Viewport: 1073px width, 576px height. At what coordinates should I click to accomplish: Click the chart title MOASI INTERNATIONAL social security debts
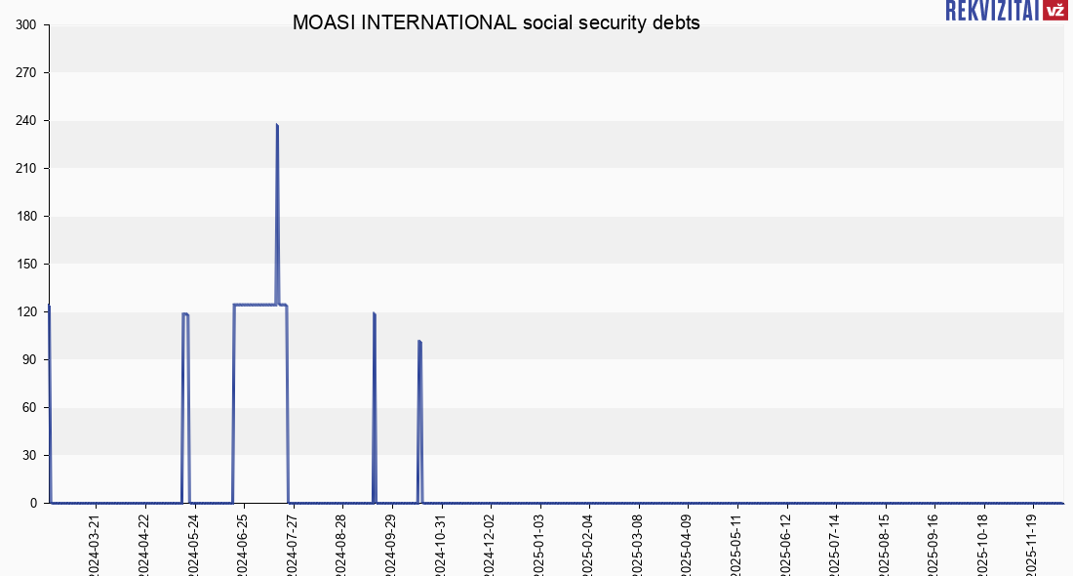point(496,23)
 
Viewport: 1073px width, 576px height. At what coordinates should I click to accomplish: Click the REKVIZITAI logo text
point(990,11)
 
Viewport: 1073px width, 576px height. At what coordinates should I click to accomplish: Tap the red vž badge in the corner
point(1054,11)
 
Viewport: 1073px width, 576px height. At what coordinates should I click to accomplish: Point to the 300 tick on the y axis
point(26,25)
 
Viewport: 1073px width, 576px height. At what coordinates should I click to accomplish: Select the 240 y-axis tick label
point(26,121)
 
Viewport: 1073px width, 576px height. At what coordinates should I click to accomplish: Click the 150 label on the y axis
point(26,265)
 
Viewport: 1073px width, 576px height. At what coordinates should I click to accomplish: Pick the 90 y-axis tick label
point(30,360)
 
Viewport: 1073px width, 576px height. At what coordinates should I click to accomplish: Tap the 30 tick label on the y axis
point(30,456)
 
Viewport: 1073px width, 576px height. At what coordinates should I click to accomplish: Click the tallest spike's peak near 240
point(277,125)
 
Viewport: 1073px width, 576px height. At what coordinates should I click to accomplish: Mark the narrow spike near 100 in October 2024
point(419,342)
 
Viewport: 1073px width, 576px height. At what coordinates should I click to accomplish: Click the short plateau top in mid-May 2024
point(185,314)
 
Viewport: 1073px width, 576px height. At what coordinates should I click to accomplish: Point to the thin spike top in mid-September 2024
point(375,313)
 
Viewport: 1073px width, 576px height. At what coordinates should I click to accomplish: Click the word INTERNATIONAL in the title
point(439,23)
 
